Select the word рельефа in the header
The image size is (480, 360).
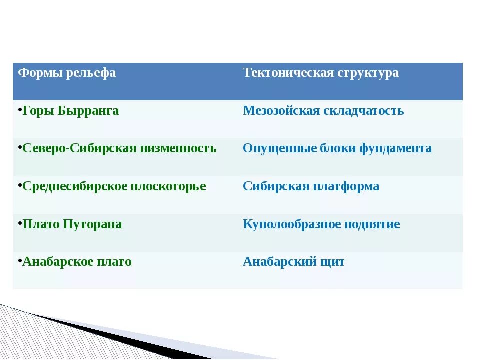(91, 73)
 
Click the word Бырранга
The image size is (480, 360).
(88, 111)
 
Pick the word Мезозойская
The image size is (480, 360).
(281, 111)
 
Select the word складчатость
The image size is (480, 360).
(363, 111)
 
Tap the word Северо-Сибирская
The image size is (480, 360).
(79, 148)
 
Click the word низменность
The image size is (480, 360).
(178, 149)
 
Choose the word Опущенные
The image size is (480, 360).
(280, 149)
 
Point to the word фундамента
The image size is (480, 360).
(395, 149)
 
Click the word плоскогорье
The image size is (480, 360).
(168, 186)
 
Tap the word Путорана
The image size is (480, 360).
(92, 224)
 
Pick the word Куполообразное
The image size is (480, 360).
(292, 224)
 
